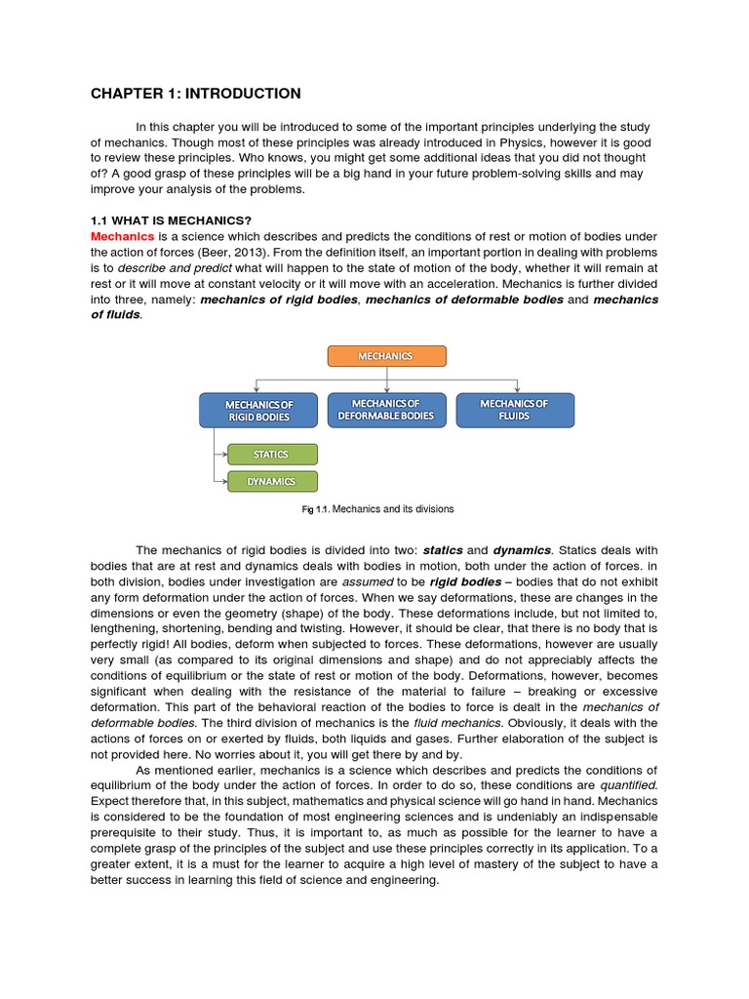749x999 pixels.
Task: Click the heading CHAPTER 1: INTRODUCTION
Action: (195, 94)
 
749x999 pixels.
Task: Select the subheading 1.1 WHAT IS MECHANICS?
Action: (171, 220)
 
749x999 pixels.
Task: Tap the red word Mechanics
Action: (122, 236)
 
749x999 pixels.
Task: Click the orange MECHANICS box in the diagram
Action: (386, 356)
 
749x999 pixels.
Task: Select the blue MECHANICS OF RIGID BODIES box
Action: (258, 410)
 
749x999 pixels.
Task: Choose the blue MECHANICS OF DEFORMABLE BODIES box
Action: (386, 410)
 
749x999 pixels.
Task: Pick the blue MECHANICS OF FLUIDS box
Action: (514, 410)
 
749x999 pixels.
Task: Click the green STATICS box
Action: (271, 455)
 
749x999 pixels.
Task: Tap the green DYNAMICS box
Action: (271, 481)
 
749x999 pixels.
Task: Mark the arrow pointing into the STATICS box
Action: (220, 455)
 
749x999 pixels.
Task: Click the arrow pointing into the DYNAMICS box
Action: (220, 481)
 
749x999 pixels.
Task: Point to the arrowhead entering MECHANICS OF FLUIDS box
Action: (516, 389)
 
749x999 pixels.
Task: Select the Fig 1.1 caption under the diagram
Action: (376, 509)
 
